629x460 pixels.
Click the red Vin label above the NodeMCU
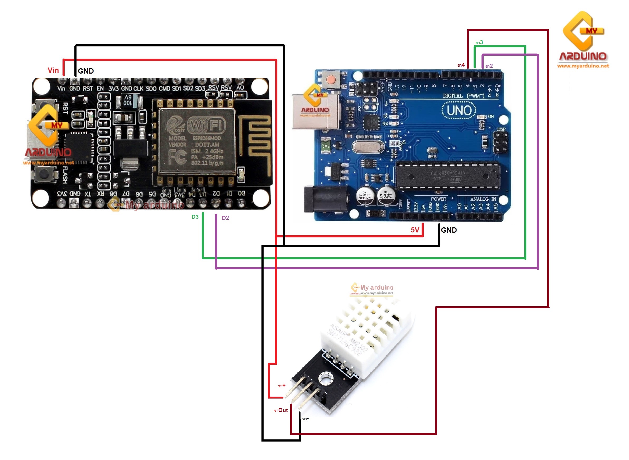pyautogui.click(x=53, y=70)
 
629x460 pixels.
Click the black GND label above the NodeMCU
pyautogui.click(x=85, y=71)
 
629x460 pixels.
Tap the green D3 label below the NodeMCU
pyautogui.click(x=195, y=217)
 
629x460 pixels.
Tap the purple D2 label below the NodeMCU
pyautogui.click(x=225, y=218)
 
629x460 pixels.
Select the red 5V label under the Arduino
pyautogui.click(x=414, y=230)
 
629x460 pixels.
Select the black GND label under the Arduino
pyautogui.click(x=449, y=230)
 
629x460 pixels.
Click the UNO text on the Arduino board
pyautogui.click(x=459, y=111)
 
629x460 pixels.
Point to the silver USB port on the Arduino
pyautogui.click(x=315, y=111)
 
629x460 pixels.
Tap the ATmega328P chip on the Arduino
pyautogui.click(x=447, y=175)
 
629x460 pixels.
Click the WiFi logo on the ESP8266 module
pyautogui.click(x=206, y=125)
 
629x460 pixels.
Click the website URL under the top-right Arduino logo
pyautogui.click(x=583, y=66)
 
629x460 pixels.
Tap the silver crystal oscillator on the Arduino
pyautogui.click(x=368, y=147)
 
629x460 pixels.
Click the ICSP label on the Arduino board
pyautogui.click(x=501, y=129)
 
